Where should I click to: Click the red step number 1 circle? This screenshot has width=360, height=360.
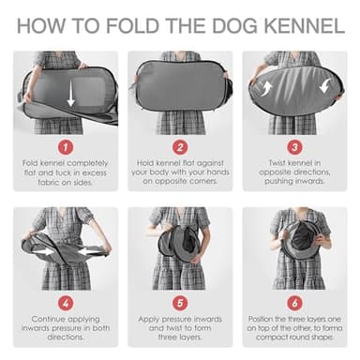click(x=65, y=146)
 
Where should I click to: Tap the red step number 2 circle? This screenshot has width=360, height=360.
click(x=180, y=146)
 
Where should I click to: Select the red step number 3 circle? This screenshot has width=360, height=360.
click(x=295, y=146)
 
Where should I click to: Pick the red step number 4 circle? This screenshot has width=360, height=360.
click(x=65, y=302)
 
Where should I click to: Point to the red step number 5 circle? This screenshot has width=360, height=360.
click(x=180, y=302)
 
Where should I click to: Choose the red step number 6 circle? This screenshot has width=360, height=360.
click(x=295, y=302)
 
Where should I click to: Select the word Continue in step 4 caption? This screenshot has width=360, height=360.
click(x=47, y=319)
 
